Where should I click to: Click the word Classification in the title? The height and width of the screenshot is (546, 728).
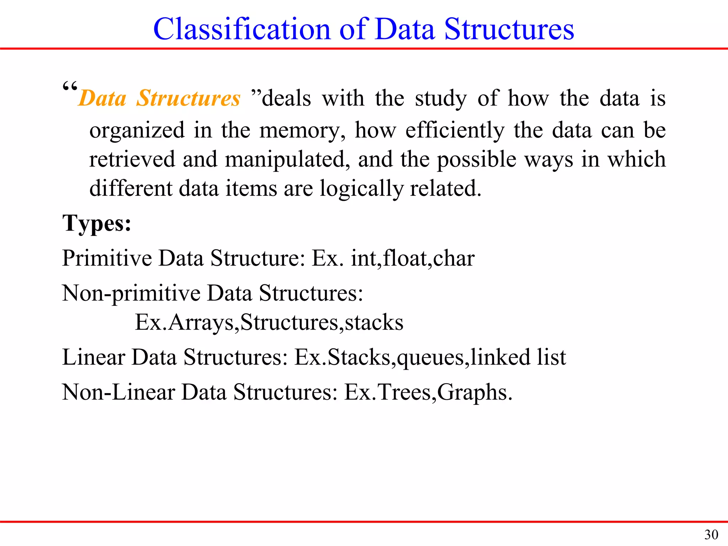coord(242,29)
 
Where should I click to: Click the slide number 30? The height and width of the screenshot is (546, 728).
coord(711,535)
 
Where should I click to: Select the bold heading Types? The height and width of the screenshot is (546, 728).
coord(97,224)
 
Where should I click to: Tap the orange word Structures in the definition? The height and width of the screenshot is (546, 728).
coord(188,98)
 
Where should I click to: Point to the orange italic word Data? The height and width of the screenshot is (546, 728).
coord(103,98)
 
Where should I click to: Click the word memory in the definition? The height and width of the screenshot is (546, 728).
coord(302,130)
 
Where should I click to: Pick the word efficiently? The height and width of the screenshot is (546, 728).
coord(455,130)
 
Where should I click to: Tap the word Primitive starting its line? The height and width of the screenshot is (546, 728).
coord(107,258)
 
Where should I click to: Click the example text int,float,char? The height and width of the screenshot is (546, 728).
coord(413,258)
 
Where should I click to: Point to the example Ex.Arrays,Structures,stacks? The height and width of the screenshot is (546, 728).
coord(269,322)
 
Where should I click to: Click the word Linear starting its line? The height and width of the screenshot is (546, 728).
coord(93,357)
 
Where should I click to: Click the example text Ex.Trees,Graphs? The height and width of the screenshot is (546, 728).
coord(428,392)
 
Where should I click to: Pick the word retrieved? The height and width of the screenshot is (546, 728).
coord(132,159)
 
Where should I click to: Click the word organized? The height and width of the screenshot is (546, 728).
coord(137,130)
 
